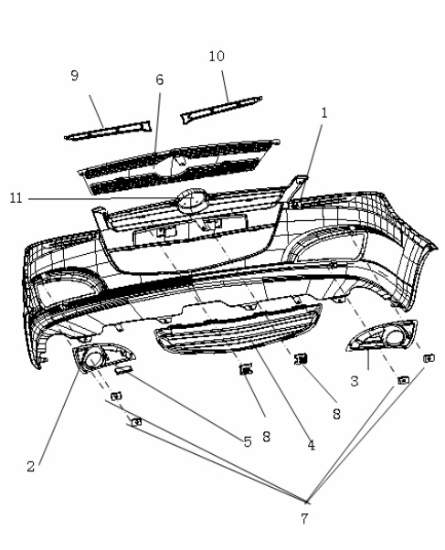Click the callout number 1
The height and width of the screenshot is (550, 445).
tap(324, 113)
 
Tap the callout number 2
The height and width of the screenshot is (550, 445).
tap(31, 466)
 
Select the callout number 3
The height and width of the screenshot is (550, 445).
tap(355, 381)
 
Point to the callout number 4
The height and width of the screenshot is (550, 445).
tap(311, 445)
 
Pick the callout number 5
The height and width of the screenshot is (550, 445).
tap(248, 441)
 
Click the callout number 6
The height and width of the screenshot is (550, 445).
tap(160, 80)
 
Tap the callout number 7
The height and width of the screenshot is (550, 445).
tap(304, 518)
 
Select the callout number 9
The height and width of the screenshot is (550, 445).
tap(74, 76)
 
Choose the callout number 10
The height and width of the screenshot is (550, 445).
tap(217, 56)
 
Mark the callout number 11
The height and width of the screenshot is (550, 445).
tap(16, 198)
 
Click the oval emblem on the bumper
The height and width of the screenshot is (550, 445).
tap(192, 201)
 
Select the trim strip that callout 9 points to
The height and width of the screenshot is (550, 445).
tap(108, 131)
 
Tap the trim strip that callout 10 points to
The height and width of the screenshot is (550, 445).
tap(221, 107)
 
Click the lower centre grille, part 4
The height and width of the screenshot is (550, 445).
tap(238, 330)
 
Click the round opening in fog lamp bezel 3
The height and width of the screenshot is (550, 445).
tap(395, 337)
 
